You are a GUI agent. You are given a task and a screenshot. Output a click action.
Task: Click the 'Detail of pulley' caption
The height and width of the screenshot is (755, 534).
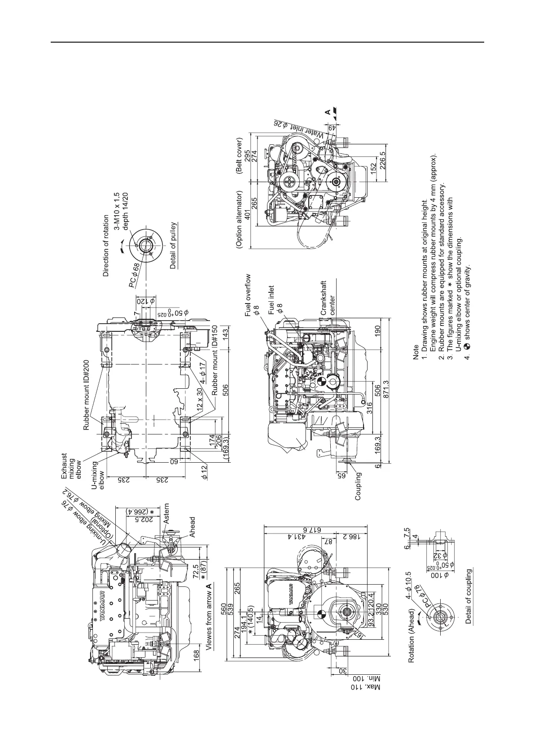pos(173,245)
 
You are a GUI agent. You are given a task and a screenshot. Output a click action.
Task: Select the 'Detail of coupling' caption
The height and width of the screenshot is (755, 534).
pos(468,597)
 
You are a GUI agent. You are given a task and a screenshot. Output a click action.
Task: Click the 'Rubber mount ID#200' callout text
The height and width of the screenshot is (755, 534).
pos(87,395)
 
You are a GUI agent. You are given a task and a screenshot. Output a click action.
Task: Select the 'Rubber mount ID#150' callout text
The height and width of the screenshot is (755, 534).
pos(215,361)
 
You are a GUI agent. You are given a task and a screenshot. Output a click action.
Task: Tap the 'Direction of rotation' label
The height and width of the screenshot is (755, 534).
pos(106,246)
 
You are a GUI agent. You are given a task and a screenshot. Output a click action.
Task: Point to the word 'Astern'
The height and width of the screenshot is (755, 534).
pos(167,514)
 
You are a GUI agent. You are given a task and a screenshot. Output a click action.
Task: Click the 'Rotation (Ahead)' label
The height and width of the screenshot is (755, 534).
pos(411,637)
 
